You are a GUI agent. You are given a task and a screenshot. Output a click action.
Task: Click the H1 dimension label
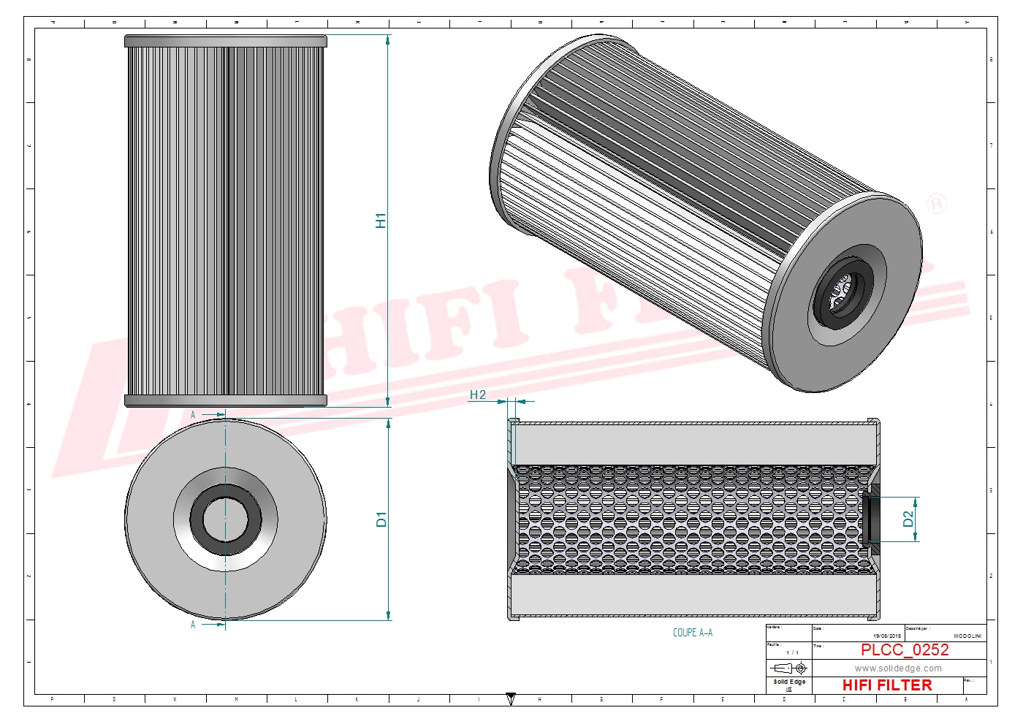tap(381, 221)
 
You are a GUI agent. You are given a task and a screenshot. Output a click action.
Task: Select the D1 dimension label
tap(381, 519)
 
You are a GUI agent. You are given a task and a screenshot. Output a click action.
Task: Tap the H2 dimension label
tap(477, 395)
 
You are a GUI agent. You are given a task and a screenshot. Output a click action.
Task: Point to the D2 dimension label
tap(908, 519)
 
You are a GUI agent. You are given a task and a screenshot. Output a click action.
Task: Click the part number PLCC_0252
tap(904, 649)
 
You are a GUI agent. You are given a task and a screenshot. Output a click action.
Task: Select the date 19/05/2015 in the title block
tap(887, 636)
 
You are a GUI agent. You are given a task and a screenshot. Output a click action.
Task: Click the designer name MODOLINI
tap(967, 636)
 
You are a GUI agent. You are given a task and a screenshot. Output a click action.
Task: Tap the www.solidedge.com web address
tap(898, 668)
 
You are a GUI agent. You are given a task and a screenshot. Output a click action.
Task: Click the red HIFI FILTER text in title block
tap(887, 685)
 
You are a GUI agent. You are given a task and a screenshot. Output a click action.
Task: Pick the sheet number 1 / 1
tap(792, 652)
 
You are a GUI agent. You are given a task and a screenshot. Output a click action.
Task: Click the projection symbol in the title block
tap(789, 668)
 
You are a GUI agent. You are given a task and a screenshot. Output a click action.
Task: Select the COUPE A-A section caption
tap(692, 633)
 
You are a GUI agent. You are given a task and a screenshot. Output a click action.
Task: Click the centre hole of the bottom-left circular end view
tap(226, 520)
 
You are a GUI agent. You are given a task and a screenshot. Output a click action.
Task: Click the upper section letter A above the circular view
tap(193, 415)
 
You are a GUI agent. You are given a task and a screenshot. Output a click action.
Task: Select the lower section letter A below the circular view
tap(193, 625)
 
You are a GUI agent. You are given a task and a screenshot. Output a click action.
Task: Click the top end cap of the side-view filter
tap(226, 41)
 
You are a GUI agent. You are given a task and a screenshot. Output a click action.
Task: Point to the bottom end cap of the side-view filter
tap(226, 400)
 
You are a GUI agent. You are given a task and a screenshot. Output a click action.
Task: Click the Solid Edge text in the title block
tap(789, 682)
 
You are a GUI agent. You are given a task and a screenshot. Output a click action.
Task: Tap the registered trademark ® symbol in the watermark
tap(936, 204)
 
